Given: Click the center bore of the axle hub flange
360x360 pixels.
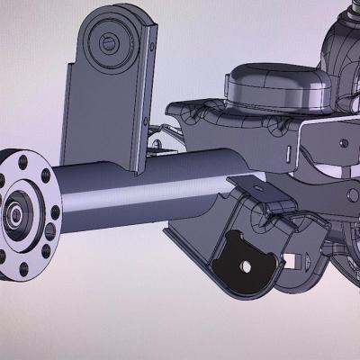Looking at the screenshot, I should [16, 215].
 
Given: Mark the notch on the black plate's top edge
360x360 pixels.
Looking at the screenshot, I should [236, 237].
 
